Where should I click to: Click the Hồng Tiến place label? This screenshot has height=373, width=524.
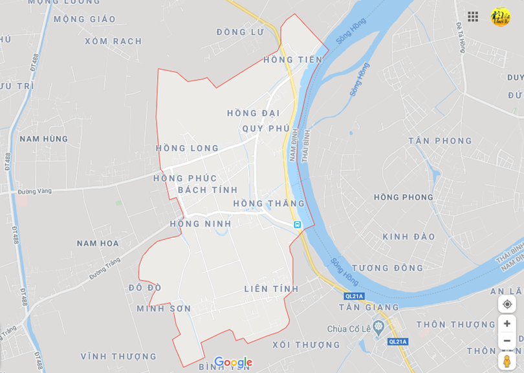(292, 60)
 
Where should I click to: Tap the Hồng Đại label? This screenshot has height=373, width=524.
(253, 113)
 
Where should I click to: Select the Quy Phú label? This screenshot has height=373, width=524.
(266, 128)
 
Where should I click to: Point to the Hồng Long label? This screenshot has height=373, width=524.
(188, 148)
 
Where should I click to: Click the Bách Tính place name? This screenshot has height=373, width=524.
(208, 190)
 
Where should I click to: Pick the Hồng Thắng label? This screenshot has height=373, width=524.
(268, 204)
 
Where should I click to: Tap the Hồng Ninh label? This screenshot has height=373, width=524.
(201, 224)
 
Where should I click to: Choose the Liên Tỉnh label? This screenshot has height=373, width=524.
(272, 289)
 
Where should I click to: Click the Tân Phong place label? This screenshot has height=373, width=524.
(441, 141)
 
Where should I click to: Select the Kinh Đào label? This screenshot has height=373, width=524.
(409, 237)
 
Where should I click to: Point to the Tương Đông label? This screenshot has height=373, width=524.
(388, 268)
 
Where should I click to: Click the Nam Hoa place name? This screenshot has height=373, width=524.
(98, 243)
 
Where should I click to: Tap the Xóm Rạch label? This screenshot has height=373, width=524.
(113, 41)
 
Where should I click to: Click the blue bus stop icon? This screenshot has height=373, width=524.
(297, 224)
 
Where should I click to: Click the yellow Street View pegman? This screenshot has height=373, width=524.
(507, 360)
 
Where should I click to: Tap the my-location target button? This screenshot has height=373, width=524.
(507, 304)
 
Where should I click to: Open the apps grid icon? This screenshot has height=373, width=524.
(473, 16)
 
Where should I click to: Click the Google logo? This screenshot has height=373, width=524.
(233, 362)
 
